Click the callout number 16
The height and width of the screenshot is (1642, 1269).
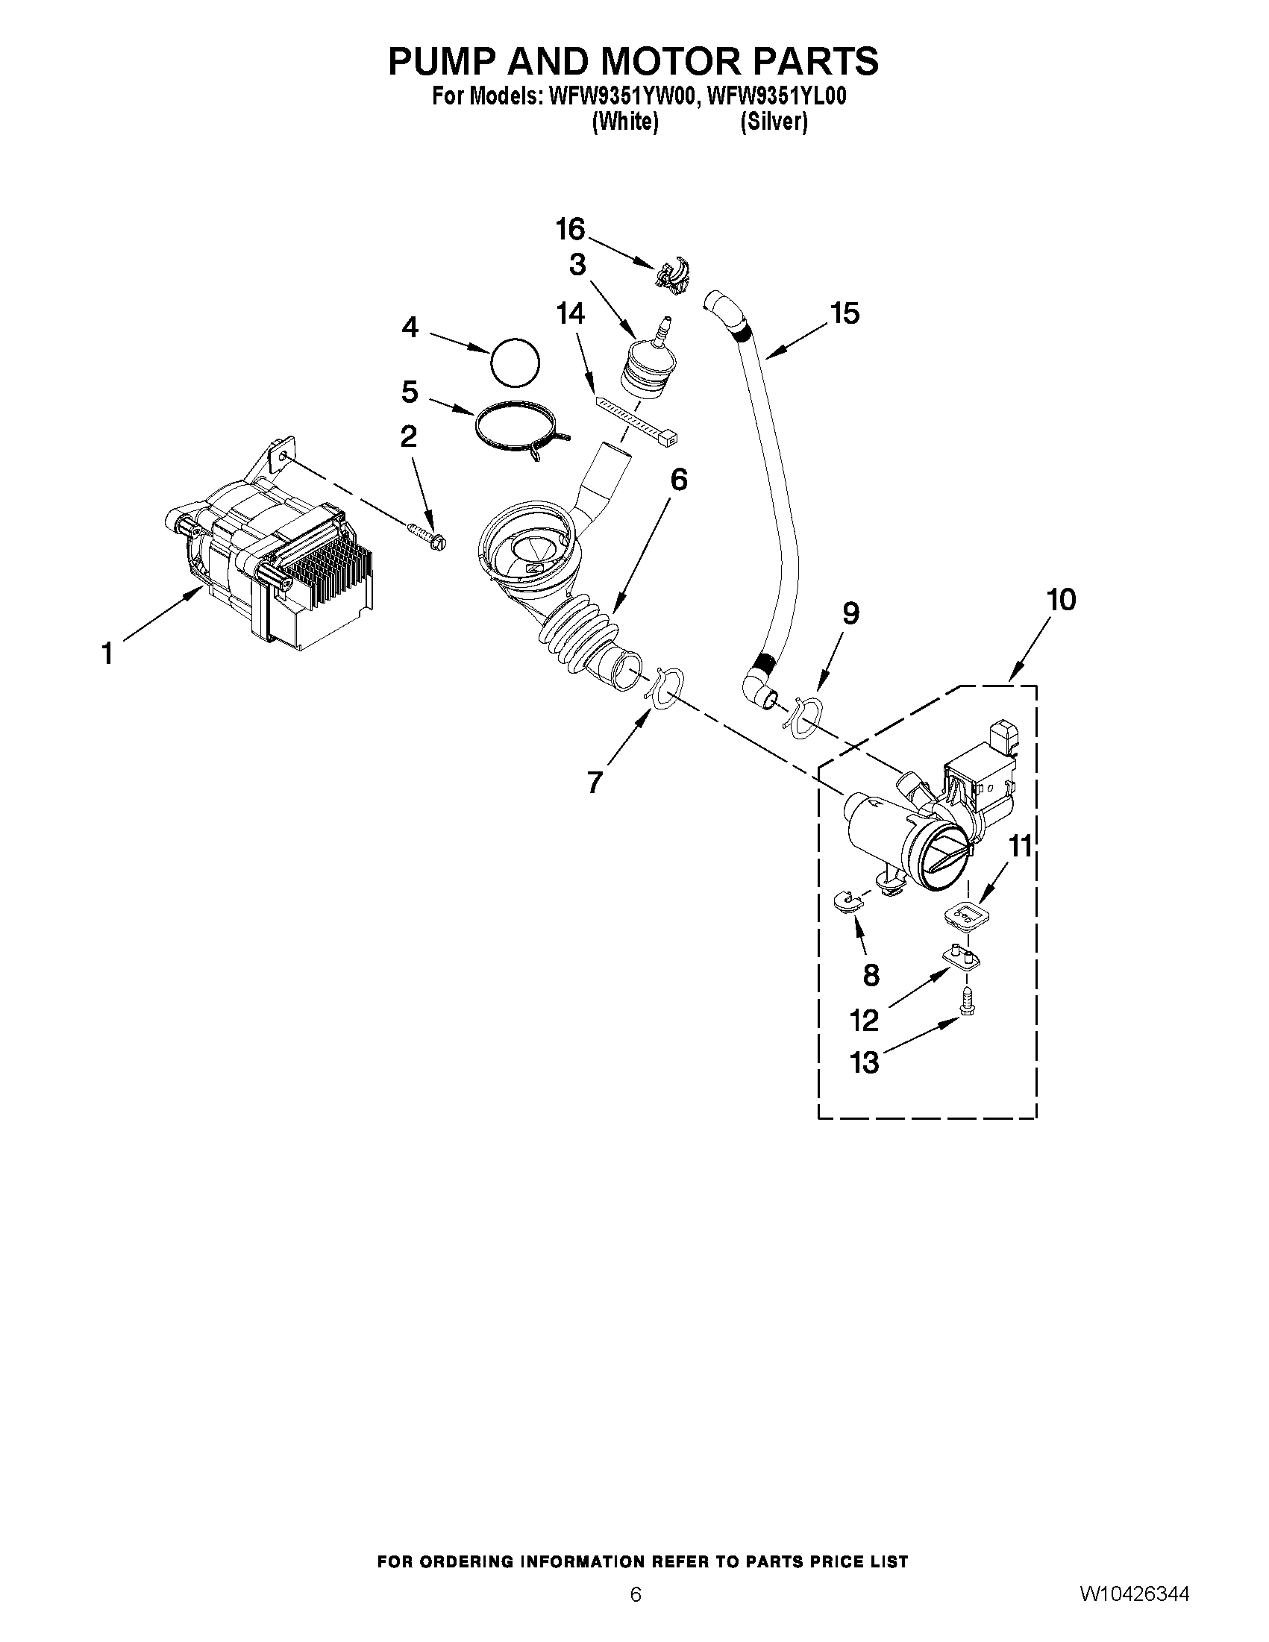pos(570,229)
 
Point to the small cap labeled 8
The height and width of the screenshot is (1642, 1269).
pos(847,898)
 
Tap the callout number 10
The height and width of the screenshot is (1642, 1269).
pos(1060,601)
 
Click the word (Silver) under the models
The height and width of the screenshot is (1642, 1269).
pos(773,122)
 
